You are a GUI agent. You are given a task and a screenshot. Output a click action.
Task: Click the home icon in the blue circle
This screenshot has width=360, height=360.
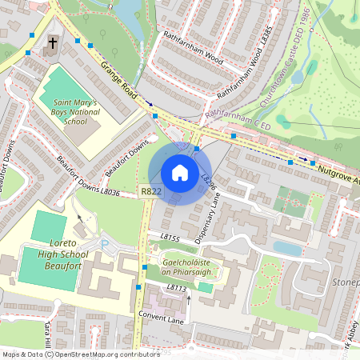[179, 173]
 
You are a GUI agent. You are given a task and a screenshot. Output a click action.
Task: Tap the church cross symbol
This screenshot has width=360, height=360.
[54, 43]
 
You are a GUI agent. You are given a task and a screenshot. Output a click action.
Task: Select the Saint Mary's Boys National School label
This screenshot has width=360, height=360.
[75, 112]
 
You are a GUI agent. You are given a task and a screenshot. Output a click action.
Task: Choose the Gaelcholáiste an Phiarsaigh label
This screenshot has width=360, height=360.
[191, 266]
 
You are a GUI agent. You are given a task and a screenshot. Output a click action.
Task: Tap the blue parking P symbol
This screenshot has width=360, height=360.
[104, 242]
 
